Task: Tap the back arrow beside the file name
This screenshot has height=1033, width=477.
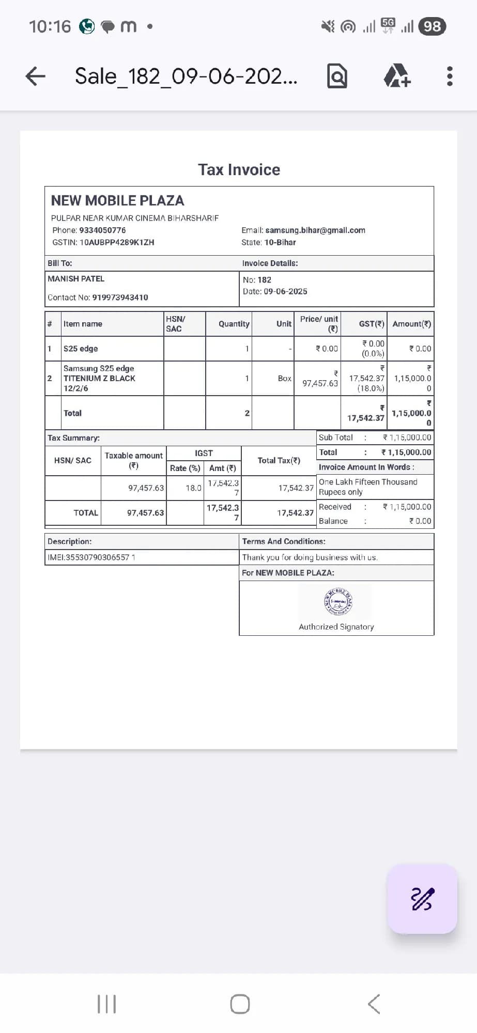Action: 35,76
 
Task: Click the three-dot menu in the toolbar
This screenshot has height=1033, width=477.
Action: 450,76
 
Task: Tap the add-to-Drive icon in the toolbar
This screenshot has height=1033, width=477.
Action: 396,76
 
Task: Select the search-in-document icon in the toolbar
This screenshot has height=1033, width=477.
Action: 337,76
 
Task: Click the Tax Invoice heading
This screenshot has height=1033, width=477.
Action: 239,169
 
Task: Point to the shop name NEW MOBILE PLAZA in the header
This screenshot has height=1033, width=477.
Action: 117,200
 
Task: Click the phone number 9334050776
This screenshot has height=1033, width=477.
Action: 102,230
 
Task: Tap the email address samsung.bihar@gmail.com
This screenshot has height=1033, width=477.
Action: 315,230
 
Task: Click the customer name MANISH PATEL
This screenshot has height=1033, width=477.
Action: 76,279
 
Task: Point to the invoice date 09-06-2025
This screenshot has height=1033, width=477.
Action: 285,291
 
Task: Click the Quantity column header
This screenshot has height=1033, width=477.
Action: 234,324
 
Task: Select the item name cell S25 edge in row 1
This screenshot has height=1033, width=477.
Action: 81,349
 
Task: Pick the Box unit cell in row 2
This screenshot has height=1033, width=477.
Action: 284,379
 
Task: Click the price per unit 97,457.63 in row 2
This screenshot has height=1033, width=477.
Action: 320,383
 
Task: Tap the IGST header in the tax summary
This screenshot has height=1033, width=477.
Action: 204,453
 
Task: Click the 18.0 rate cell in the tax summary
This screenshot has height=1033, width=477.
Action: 193,488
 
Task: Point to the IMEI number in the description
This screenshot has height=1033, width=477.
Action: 91,557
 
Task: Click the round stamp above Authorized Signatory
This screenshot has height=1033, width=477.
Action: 338,602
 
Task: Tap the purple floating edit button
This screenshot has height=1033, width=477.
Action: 422,899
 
